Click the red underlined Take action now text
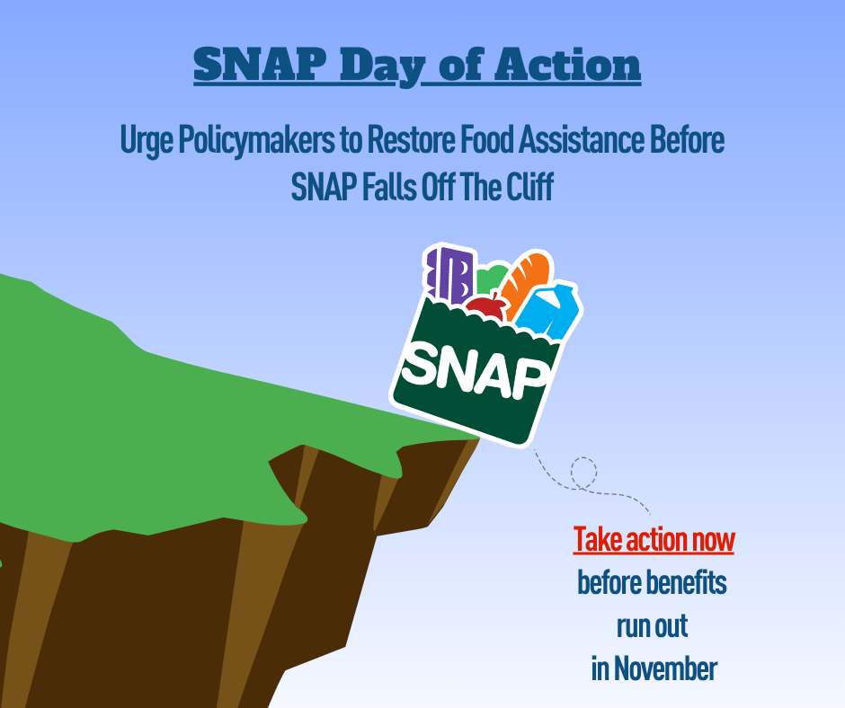point(654,541)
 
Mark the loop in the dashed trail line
point(583,473)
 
